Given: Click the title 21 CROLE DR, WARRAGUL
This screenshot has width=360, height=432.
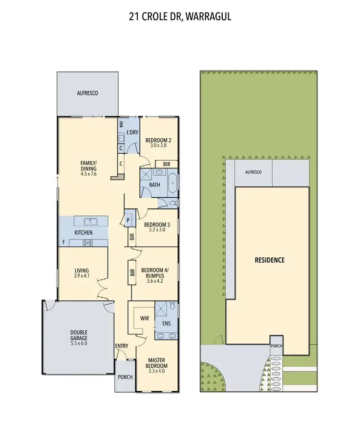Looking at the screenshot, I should click(180, 16).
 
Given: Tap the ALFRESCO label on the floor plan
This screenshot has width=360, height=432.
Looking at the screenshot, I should click(87, 93).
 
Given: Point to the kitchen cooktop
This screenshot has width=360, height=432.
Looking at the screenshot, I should click(88, 243).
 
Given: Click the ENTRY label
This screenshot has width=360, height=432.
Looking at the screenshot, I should click(121, 346).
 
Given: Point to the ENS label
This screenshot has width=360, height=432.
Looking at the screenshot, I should click(167, 323).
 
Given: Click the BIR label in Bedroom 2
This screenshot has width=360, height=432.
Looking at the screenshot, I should click(166, 164).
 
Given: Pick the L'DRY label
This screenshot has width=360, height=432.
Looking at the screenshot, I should click(132, 132).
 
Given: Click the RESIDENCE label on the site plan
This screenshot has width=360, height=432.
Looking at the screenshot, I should click(269, 260).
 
